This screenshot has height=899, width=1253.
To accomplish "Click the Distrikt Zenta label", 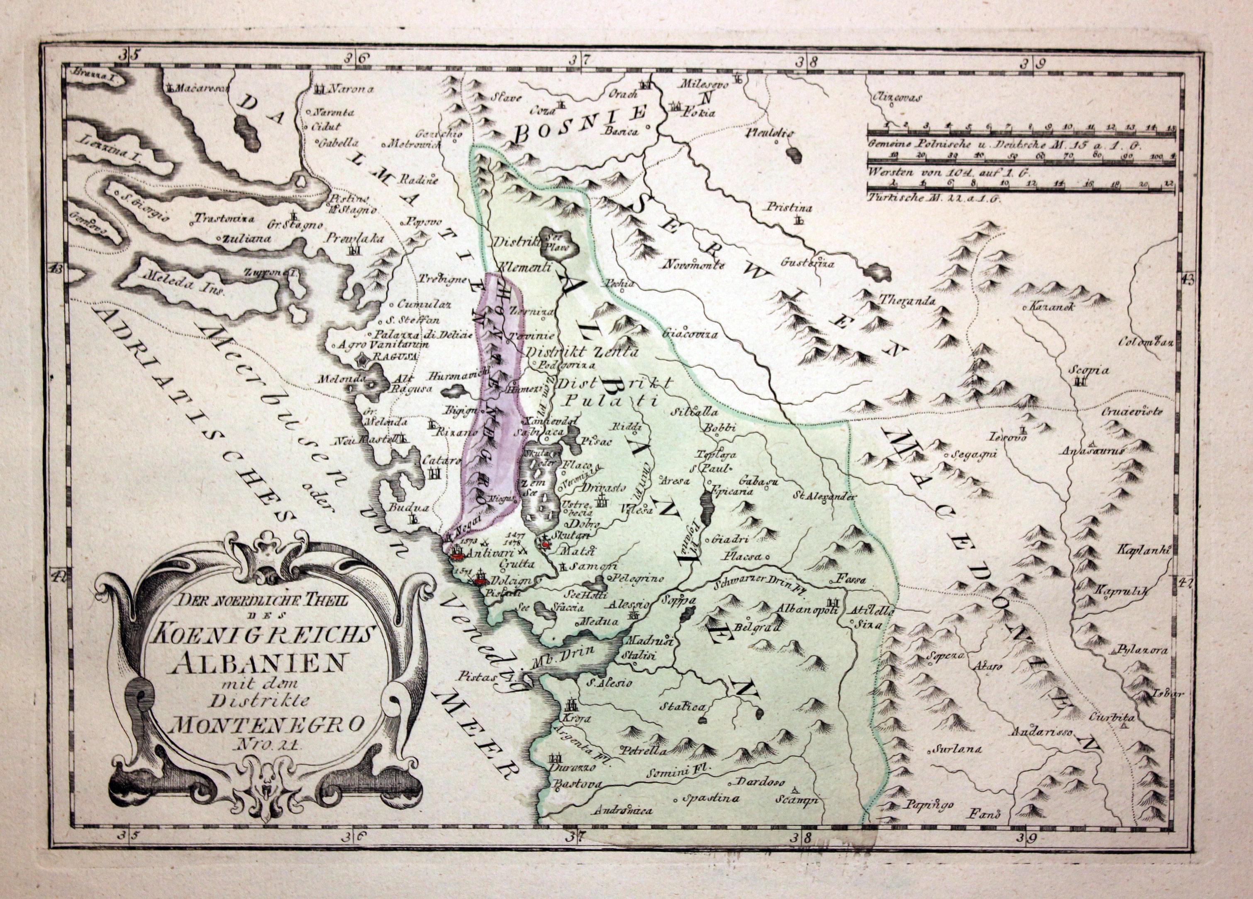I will tap(582, 352).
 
